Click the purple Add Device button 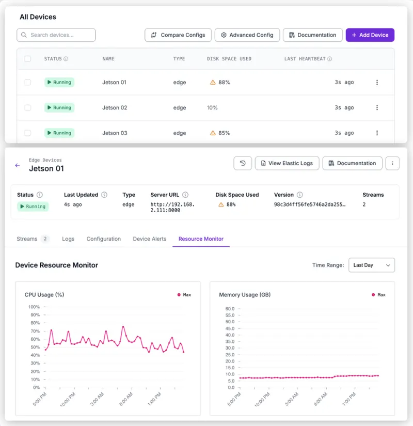pyautogui.click(x=370, y=35)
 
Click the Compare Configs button pyautogui.click(x=178, y=35)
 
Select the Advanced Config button pyautogui.click(x=247, y=35)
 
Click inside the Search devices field pyautogui.click(x=56, y=35)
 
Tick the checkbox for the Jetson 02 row pyautogui.click(x=28, y=107)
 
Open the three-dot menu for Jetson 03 pyautogui.click(x=377, y=133)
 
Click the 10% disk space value pyautogui.click(x=212, y=107)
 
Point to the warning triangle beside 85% pyautogui.click(x=213, y=133)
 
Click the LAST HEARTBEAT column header pyautogui.click(x=305, y=59)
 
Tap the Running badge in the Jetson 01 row pyautogui.click(x=59, y=82)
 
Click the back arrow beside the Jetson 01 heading pyautogui.click(x=18, y=165)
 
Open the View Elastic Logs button pyautogui.click(x=287, y=163)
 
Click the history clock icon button pyautogui.click(x=243, y=163)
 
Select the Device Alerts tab pyautogui.click(x=149, y=239)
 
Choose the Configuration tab pyautogui.click(x=104, y=239)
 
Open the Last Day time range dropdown pyautogui.click(x=371, y=265)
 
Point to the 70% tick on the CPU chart pyautogui.click(x=35, y=331)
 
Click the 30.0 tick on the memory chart pyautogui.click(x=230, y=348)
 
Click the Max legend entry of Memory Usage pyautogui.click(x=378, y=295)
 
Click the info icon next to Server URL pyautogui.click(x=185, y=195)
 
